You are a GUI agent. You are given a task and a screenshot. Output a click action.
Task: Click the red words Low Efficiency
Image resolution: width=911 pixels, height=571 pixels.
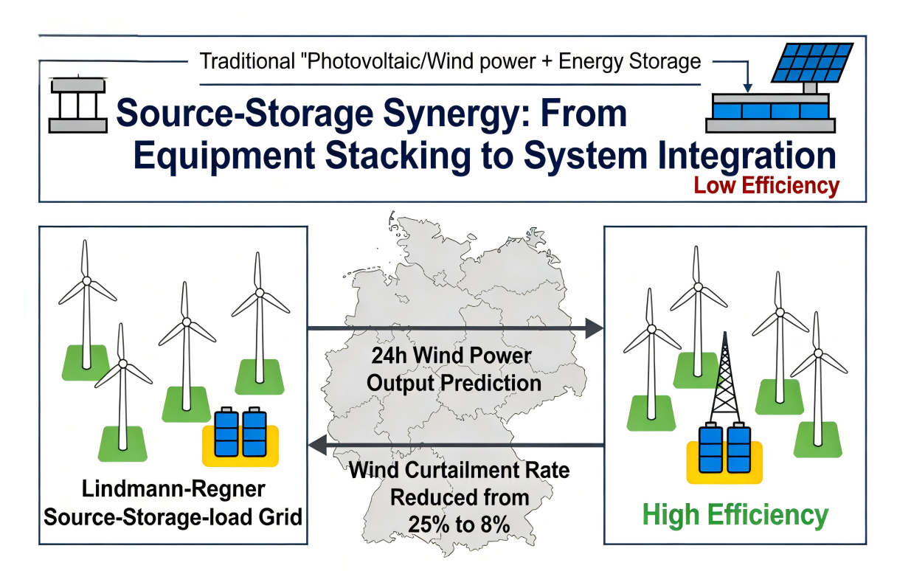(x=766, y=186)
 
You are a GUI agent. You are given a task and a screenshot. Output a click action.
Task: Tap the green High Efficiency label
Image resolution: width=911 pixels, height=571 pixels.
(x=735, y=516)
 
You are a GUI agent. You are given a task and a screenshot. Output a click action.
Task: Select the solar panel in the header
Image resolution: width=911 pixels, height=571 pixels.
(x=811, y=62)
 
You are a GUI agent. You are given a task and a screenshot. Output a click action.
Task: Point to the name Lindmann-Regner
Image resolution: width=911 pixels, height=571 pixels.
(x=173, y=488)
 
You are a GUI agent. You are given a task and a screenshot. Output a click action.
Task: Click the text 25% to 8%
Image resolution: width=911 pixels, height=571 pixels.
(x=459, y=525)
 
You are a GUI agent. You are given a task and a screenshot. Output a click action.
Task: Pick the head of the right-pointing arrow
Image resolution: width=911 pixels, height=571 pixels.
(x=595, y=328)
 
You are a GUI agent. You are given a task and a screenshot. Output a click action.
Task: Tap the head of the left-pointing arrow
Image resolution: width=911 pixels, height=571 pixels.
(x=318, y=445)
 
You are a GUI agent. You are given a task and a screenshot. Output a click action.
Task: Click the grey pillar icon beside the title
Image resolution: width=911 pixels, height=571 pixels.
(x=77, y=105)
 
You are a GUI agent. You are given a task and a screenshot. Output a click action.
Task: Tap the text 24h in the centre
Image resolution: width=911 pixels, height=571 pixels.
(x=389, y=356)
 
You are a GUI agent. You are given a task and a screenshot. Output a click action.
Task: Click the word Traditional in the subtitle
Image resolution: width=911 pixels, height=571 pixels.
(x=247, y=61)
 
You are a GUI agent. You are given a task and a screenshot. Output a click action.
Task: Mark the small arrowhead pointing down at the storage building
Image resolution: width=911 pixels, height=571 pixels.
(x=747, y=88)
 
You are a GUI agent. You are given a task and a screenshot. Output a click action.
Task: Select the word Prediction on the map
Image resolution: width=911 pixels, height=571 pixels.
(x=491, y=383)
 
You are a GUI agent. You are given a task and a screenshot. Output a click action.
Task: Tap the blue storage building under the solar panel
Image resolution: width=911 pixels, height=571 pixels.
(x=771, y=113)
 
